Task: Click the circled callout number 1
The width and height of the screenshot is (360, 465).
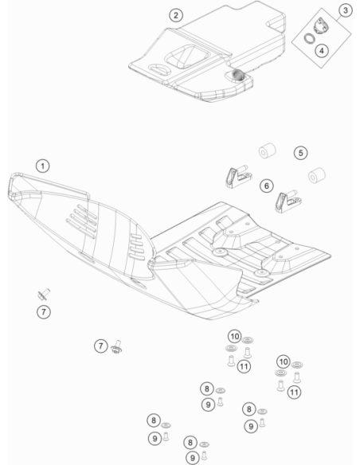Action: coord(43,166)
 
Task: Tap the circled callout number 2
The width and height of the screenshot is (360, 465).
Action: coord(176,15)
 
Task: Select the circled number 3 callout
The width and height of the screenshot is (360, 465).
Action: coord(346,10)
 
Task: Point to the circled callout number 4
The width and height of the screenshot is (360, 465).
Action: coord(322,51)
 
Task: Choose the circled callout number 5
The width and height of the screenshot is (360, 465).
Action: coord(301,153)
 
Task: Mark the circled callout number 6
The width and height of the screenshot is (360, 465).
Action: coord(267,186)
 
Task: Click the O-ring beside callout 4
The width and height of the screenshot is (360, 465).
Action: coord(309,38)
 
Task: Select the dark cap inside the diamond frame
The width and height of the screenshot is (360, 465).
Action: coord(321,25)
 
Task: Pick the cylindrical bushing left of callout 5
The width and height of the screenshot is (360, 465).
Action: coord(267,150)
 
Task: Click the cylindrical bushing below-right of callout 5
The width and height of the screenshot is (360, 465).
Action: coord(317,175)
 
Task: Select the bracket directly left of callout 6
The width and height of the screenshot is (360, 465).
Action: coord(238,177)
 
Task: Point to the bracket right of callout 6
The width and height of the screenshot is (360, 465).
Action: coord(288,201)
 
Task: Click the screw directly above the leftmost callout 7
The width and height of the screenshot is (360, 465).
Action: coord(44,294)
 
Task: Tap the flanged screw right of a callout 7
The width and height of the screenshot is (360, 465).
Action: coord(116,347)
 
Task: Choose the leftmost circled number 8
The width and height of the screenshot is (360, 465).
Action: coord(154,420)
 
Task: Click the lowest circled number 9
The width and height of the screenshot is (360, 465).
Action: coord(193,458)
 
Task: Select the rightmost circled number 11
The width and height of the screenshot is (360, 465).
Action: coord(294,393)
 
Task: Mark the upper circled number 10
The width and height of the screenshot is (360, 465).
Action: coord(235,337)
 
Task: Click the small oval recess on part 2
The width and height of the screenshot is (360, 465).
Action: coord(159,68)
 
